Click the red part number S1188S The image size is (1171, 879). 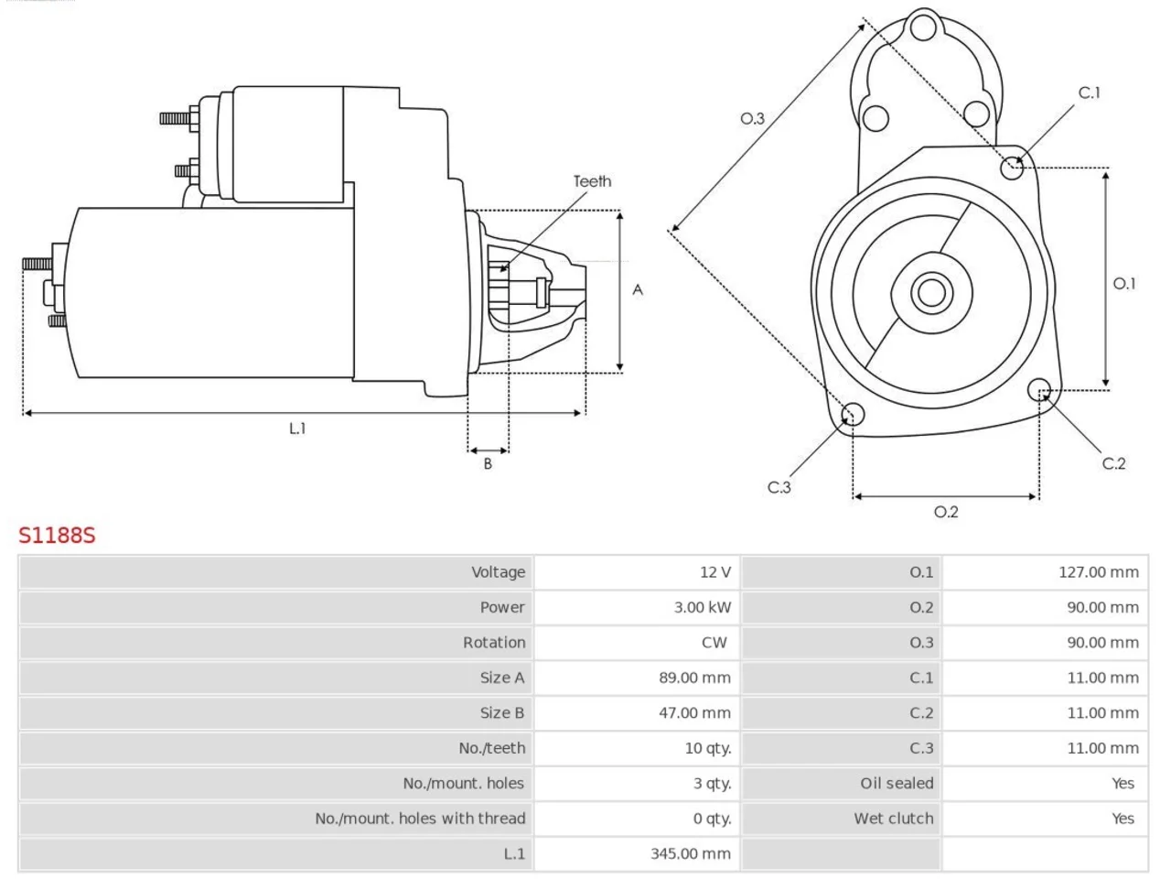(x=57, y=535)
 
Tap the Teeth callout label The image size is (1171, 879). (x=592, y=181)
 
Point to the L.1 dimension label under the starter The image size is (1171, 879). (x=297, y=428)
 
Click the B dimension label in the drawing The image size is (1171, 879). (x=488, y=464)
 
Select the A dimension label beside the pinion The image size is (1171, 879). (x=638, y=290)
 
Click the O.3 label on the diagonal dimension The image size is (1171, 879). (x=752, y=118)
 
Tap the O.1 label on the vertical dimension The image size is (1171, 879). (x=1124, y=284)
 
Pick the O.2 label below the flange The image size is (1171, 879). (x=946, y=512)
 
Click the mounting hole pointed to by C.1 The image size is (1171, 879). (x=1012, y=168)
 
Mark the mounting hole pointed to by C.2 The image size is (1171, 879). (x=1038, y=390)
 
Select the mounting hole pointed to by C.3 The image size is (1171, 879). (x=853, y=414)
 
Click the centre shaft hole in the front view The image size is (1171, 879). (x=931, y=292)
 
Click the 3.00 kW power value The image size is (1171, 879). (x=702, y=607)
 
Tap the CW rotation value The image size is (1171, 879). (x=714, y=643)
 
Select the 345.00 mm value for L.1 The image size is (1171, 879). (x=691, y=854)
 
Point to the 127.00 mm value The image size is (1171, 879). (x=1099, y=572)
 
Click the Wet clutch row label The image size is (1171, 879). (x=894, y=819)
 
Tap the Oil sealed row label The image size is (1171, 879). (x=897, y=784)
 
